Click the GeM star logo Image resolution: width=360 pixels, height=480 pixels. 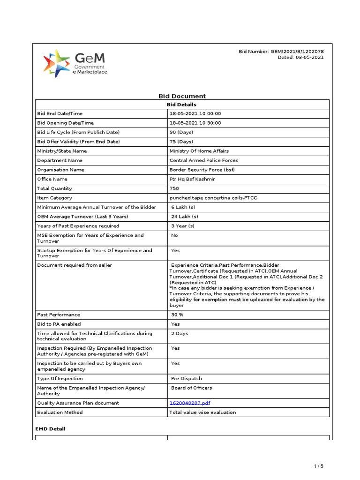(56, 63)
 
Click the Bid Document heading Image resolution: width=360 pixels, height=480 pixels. (182, 96)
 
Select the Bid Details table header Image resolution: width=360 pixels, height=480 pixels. (182, 105)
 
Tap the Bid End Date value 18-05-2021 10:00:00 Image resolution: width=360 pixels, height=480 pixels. (195, 113)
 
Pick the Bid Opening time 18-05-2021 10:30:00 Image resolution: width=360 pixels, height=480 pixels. (195, 123)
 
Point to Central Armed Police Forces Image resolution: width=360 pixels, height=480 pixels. (203, 160)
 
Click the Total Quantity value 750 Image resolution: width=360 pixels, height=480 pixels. (174, 188)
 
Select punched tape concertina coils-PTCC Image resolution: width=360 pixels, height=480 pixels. (213, 198)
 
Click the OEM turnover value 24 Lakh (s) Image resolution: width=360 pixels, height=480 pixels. (185, 217)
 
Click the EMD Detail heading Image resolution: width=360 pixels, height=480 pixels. (51, 429)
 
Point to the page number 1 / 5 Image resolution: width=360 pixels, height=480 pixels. (318, 466)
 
